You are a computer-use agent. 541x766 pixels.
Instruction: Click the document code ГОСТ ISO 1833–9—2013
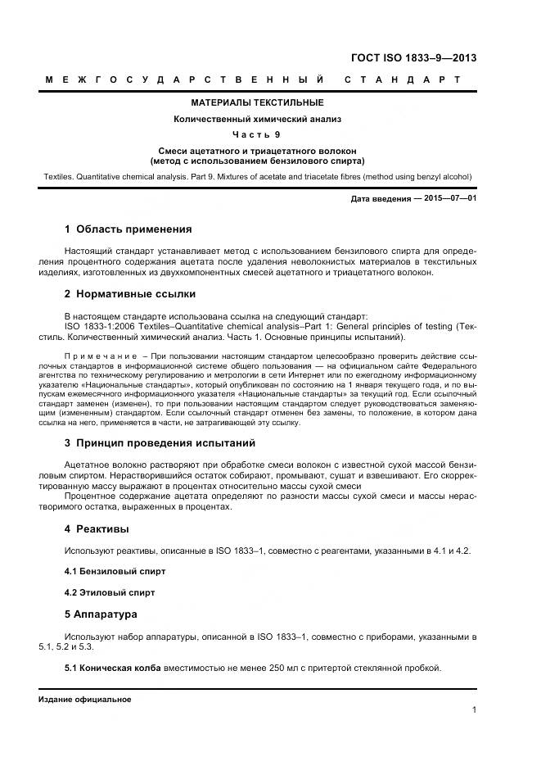point(413,57)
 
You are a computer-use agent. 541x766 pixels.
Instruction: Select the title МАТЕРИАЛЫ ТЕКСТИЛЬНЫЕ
point(257,103)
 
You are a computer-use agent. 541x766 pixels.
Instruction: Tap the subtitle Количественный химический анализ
point(257,119)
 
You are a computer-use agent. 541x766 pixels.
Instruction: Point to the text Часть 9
point(257,134)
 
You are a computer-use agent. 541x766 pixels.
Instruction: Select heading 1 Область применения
point(128,229)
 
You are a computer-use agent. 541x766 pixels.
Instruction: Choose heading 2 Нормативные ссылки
point(129,294)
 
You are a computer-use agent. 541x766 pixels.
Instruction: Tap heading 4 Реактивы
point(97,529)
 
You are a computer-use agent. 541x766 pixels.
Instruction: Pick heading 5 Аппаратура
point(101,614)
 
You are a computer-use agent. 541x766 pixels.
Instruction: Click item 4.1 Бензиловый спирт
point(115,571)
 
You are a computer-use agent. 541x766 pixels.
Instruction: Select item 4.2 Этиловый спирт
point(110,592)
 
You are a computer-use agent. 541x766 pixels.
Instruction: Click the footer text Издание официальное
point(84,700)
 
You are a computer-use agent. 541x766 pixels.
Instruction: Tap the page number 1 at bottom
point(475,710)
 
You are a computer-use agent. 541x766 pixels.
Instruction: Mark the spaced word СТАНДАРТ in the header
point(403,79)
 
